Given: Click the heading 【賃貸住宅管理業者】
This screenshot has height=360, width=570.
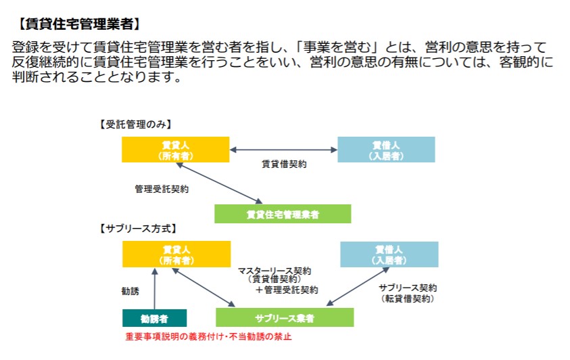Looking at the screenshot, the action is tap(79, 24).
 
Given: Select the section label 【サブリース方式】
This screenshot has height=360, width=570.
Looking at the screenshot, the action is tap(138, 229).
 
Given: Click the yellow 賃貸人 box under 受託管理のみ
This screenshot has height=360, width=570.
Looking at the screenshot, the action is tap(176, 150).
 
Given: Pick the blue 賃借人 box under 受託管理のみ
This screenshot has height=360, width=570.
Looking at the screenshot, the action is tap(386, 150).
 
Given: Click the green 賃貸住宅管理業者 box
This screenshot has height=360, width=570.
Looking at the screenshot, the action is tap(283, 214).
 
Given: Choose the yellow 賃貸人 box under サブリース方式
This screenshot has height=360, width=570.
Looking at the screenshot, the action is tap(176, 254).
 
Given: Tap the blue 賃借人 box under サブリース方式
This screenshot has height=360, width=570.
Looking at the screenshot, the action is tap(389, 254).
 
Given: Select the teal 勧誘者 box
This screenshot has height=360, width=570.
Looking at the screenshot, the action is tap(154, 318).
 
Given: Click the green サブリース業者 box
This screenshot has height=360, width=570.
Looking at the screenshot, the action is tap(285, 317).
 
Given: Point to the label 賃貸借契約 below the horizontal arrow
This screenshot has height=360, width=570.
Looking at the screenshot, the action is tap(284, 164).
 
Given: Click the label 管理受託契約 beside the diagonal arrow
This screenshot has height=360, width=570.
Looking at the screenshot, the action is tap(162, 189).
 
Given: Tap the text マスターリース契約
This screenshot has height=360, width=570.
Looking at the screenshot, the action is tap(275, 271).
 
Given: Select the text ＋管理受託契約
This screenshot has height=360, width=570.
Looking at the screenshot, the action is tap(287, 290).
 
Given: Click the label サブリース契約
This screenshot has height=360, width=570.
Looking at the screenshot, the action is tap(408, 288).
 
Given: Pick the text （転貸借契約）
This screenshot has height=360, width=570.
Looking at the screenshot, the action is tap(408, 299).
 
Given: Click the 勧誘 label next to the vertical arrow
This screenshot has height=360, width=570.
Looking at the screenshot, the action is tap(130, 291).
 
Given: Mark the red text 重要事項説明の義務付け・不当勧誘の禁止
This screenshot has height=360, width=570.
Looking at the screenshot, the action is tap(208, 336).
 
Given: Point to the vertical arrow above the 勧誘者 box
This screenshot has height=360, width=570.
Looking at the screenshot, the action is tap(154, 289).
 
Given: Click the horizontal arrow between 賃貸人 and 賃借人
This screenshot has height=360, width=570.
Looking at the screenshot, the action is tap(283, 150).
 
